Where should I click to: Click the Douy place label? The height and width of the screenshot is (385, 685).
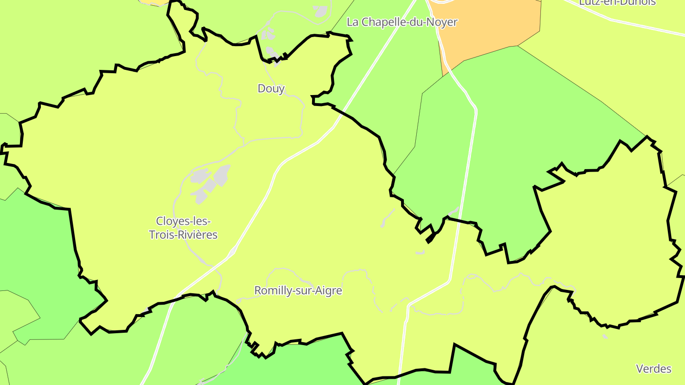tap(271, 88)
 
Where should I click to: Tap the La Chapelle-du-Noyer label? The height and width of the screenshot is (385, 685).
tap(402, 22)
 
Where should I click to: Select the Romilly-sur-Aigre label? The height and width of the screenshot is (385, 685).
tap(298, 290)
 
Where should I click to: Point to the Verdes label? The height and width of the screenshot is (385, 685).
tap(654, 368)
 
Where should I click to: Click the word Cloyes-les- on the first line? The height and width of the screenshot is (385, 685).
tap(183, 221)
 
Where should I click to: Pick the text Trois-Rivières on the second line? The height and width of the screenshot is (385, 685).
tap(183, 235)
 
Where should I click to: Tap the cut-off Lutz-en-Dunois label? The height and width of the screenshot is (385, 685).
tap(617, 2)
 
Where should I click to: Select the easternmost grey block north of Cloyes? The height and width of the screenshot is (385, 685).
tap(222, 174)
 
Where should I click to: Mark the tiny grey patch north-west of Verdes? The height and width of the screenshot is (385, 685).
tap(605, 337)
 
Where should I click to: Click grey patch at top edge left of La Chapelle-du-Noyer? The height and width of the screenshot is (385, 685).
tap(321, 11)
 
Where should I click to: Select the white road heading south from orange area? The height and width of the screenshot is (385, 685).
tap(471, 143)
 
